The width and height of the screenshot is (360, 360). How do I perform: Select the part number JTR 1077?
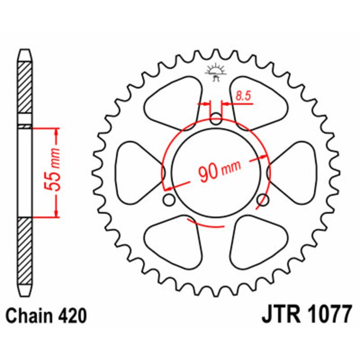pyautogui.click(x=306, y=315)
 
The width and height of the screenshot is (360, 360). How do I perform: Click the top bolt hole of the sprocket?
pyautogui.click(x=216, y=120)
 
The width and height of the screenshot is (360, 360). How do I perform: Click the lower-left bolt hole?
pyautogui.click(x=169, y=200)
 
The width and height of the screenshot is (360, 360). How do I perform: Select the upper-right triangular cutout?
pyautogui.click(x=257, y=103)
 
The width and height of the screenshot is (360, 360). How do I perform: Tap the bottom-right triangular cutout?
pyautogui.click(x=257, y=241)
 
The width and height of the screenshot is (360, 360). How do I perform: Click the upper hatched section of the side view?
pyautogui.click(x=25, y=88)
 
